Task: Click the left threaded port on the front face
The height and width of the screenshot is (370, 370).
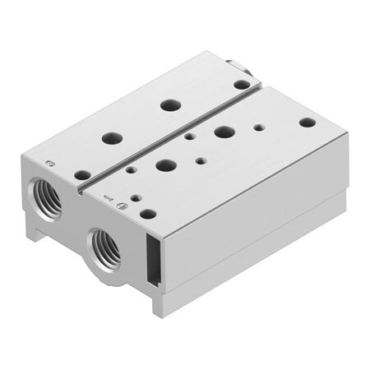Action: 44,197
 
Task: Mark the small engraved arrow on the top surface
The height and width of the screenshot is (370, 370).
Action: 106,196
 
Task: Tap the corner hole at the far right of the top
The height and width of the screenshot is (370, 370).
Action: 307,122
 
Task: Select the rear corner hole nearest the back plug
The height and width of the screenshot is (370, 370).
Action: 241,84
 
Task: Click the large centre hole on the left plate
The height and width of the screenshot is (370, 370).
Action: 170,104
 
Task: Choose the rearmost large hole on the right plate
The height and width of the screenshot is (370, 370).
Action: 223,131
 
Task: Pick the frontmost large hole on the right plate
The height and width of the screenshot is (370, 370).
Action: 166,164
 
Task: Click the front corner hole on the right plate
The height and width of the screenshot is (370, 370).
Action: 148,214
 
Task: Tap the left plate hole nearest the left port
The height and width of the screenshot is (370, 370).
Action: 82,174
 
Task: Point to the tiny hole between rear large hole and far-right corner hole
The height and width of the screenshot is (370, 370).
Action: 260,127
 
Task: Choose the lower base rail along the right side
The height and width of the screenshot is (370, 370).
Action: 263,247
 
